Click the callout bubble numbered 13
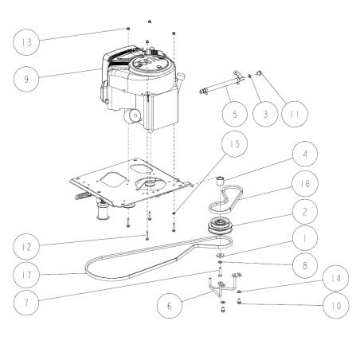26,42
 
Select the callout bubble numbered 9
26,79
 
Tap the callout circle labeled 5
235,114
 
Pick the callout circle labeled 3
265,114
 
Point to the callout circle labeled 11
295,114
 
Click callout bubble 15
234,144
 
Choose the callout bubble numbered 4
305,154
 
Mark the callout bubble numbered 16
305,183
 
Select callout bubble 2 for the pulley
305,212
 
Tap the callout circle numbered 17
26,275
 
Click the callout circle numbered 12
26,247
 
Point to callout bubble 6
170,306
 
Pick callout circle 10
336,306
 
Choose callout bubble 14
336,278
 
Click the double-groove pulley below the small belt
221,226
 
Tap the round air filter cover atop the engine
151,65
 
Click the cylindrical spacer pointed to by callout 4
220,181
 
